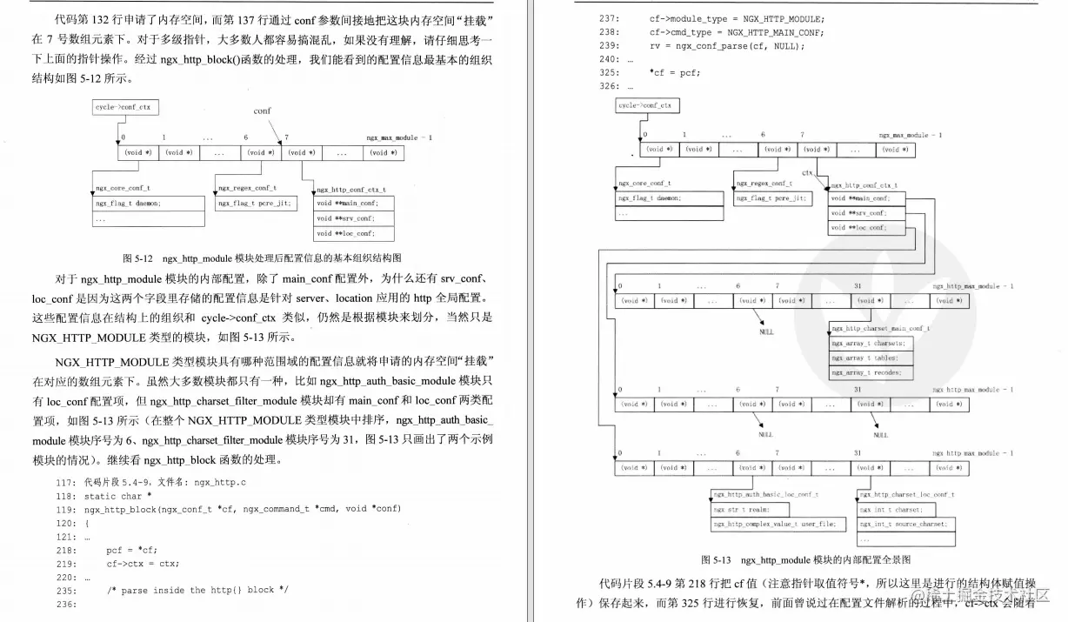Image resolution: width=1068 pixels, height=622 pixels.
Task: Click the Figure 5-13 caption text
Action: coord(806,559)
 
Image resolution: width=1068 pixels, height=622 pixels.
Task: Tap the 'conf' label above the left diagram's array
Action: coord(262,111)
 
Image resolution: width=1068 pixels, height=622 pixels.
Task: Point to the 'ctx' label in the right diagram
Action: coord(807,173)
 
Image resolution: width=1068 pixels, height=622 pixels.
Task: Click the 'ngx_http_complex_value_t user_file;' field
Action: coord(773,524)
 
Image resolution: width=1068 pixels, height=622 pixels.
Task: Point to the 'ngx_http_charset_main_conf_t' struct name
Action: coord(880,329)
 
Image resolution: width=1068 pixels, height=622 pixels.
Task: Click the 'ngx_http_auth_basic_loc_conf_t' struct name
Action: coord(765,494)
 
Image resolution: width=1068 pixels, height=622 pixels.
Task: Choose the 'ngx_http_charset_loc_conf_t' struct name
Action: coord(905,494)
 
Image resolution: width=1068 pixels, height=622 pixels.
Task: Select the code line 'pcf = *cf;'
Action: coord(131,550)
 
